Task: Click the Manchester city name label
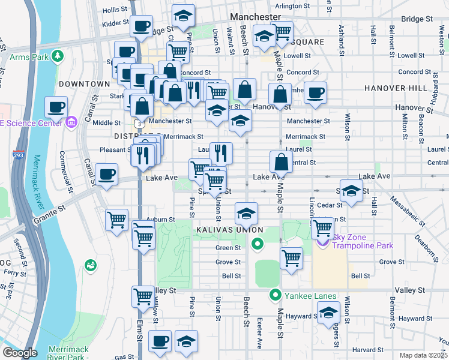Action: (256, 17)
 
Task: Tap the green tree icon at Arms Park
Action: (58, 56)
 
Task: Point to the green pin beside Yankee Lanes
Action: (276, 295)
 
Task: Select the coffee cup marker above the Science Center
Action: (56, 107)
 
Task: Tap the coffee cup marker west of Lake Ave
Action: (106, 174)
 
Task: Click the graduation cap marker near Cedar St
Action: (352, 190)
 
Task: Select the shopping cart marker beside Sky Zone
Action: (323, 227)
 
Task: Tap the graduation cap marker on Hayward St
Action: (328, 313)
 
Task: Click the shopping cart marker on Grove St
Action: (291, 258)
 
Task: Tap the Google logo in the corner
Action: (20, 353)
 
